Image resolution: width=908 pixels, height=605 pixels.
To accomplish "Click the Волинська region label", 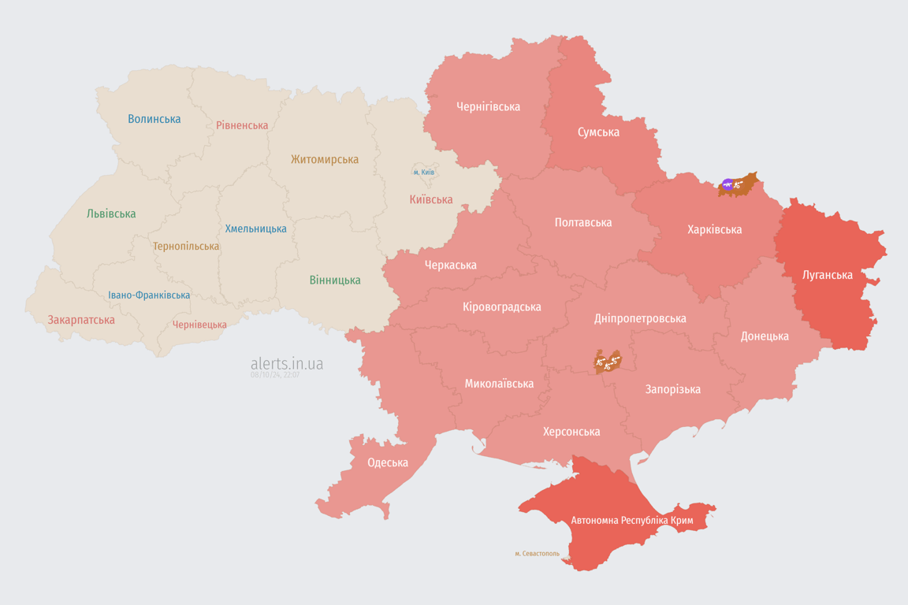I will coord(154,119).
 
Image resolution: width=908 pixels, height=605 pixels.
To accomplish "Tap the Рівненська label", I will coord(242,125).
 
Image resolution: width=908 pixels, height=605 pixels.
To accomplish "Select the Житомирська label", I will coord(325,159).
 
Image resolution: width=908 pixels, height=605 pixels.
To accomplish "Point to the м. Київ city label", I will coord(423,172).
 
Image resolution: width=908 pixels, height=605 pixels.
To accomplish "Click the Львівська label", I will coord(111,213).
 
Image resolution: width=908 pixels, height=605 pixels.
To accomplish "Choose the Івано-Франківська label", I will coord(149,295).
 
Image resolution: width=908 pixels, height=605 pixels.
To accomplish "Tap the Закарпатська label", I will coord(81,320).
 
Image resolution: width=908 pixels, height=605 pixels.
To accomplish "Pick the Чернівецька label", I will coord(199,325).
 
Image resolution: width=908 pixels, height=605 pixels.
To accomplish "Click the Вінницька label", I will coord(335,280).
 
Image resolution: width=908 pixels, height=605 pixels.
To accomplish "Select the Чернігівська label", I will coord(488,106).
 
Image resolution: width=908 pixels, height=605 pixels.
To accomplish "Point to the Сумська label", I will coord(598,132).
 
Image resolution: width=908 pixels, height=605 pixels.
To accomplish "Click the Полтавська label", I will coord(583,222).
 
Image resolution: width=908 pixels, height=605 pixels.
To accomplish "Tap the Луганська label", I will coord(828,275).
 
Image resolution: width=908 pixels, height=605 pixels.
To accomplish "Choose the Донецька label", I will coord(765,336).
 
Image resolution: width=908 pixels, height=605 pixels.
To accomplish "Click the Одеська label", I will coord(388,462).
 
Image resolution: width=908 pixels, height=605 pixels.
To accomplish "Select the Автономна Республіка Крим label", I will coord(631,521).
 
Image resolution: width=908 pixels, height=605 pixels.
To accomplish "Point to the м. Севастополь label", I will coord(537,554).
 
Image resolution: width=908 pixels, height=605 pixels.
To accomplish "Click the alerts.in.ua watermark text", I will coord(287,363).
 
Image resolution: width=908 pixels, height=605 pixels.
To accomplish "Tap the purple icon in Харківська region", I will coord(728,185).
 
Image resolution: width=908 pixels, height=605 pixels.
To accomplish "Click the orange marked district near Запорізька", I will coord(608,362).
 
